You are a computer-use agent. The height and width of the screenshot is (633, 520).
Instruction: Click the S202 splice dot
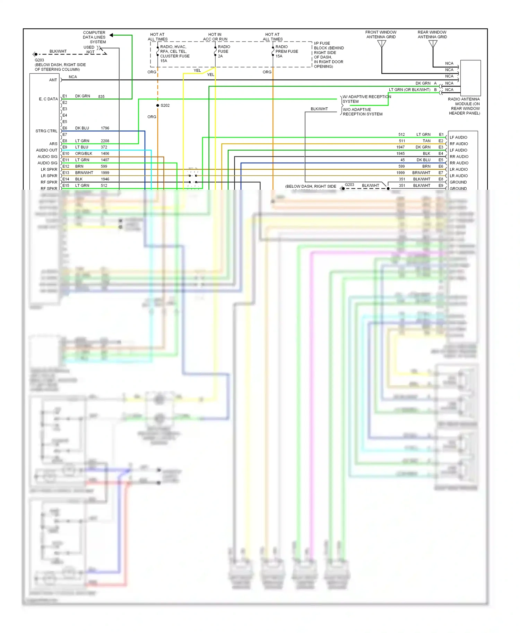(158, 105)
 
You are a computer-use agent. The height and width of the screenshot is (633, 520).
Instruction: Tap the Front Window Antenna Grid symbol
(382, 44)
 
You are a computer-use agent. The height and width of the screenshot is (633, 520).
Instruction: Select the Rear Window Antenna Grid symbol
(433, 44)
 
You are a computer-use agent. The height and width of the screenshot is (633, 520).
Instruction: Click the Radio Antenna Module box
(470, 78)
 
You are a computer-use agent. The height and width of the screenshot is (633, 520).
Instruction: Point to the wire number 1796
(105, 128)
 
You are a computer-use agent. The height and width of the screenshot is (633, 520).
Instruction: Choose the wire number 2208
(105, 141)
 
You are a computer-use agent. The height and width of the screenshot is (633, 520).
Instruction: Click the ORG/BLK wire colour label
(84, 153)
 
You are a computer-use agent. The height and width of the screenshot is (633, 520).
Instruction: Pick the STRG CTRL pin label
(46, 131)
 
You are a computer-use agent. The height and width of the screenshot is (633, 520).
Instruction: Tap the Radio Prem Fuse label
(287, 51)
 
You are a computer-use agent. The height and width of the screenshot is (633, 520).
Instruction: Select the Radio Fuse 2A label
(224, 51)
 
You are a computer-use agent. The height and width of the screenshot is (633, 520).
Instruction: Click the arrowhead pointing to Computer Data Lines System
(111, 35)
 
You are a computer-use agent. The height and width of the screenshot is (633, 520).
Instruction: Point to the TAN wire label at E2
(426, 141)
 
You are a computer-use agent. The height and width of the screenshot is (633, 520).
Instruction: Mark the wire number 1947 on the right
(400, 147)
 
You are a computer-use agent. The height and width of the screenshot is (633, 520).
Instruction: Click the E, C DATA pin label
(48, 99)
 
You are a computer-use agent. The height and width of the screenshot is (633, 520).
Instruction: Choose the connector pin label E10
(66, 153)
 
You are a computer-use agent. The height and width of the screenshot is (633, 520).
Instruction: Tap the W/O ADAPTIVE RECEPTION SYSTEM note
(363, 112)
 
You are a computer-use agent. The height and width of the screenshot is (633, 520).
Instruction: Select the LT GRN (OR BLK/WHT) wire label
(409, 90)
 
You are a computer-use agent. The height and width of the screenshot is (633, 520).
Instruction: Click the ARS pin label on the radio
(53, 144)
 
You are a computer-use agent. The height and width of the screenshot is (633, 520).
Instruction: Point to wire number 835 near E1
(101, 97)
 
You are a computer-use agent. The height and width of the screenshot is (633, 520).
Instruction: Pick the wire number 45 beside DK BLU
(402, 160)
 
